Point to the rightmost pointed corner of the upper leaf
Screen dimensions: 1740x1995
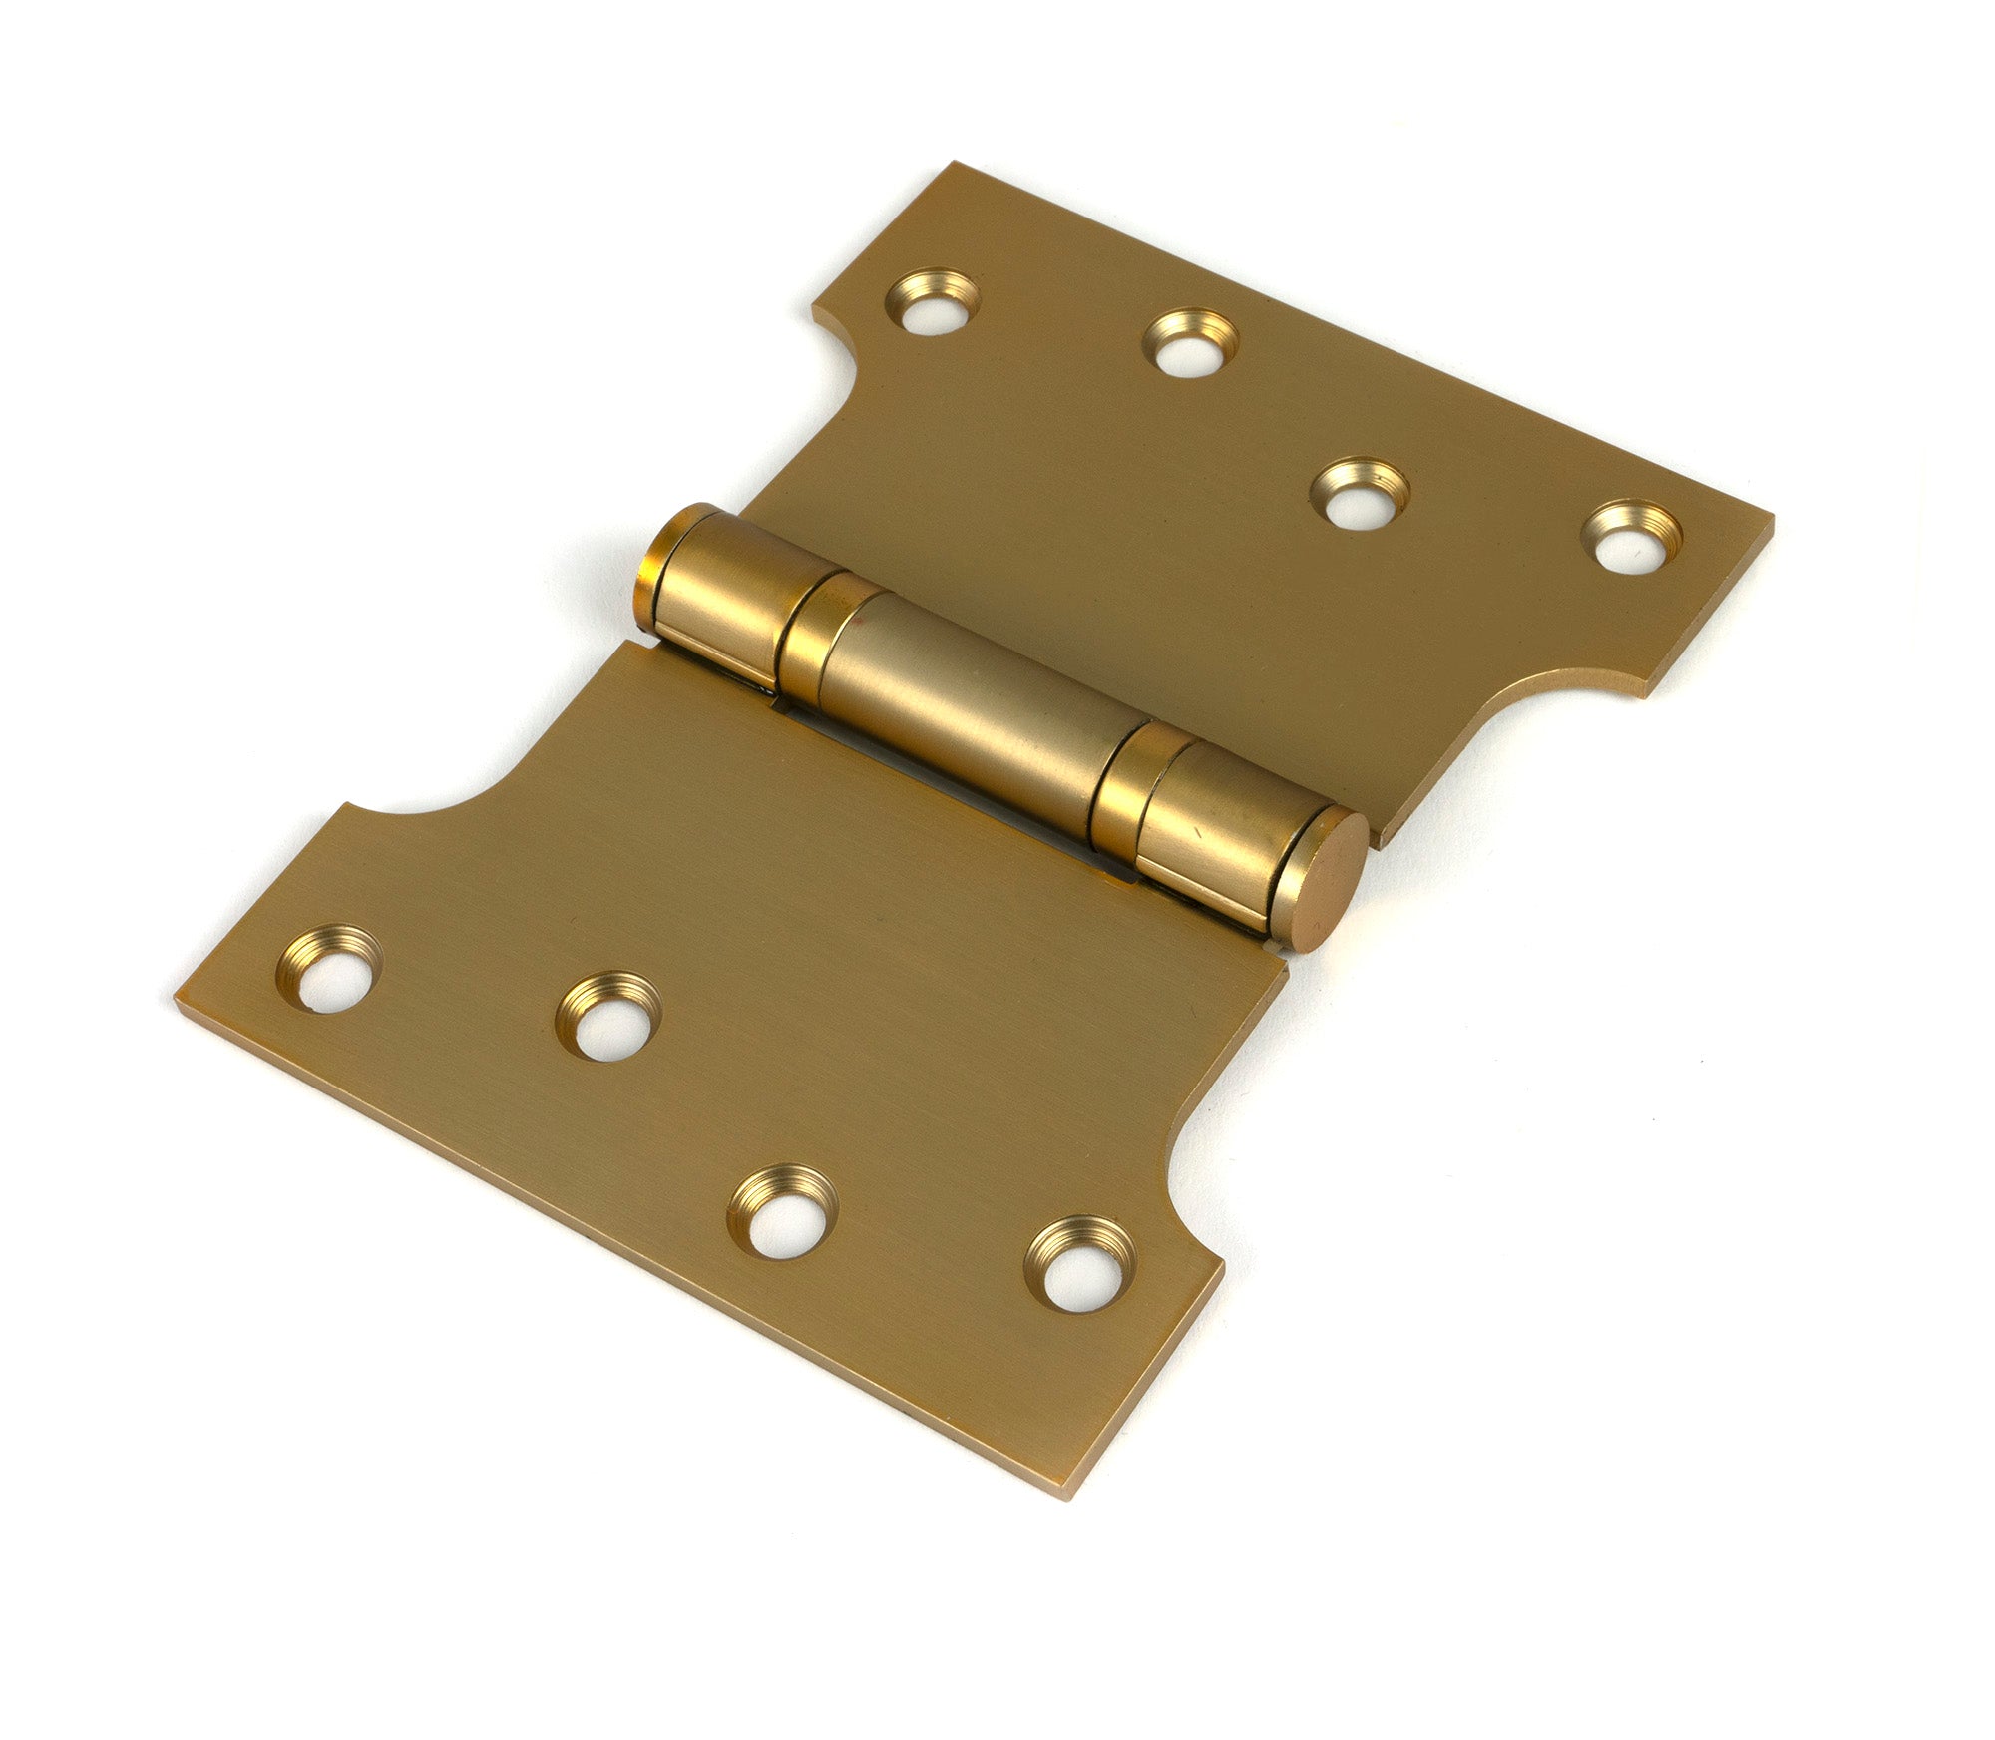coord(1772,521)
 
